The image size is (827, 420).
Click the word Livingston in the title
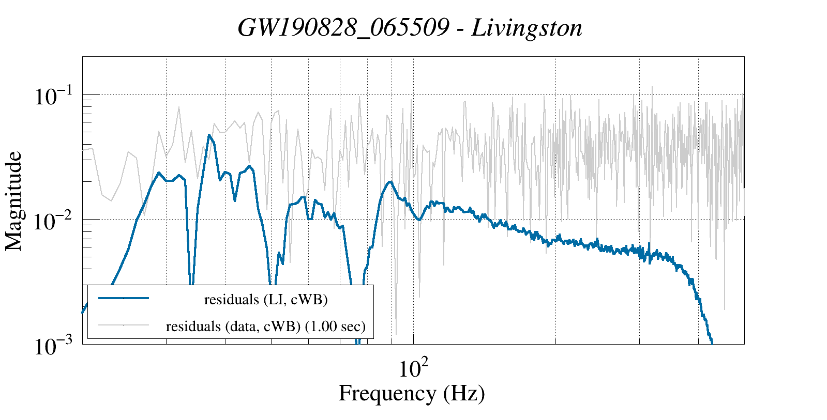click(527, 28)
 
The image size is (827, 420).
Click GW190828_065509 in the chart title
click(343, 28)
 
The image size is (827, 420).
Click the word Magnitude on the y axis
click(14, 201)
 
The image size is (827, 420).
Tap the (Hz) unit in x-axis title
click(464, 394)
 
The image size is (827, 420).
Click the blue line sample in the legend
click(124, 298)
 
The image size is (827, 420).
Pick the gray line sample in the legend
click(124, 325)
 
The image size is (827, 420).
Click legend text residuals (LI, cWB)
click(266, 300)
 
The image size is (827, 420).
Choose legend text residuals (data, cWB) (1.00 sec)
click(266, 326)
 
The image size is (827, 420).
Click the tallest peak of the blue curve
click(209, 135)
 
